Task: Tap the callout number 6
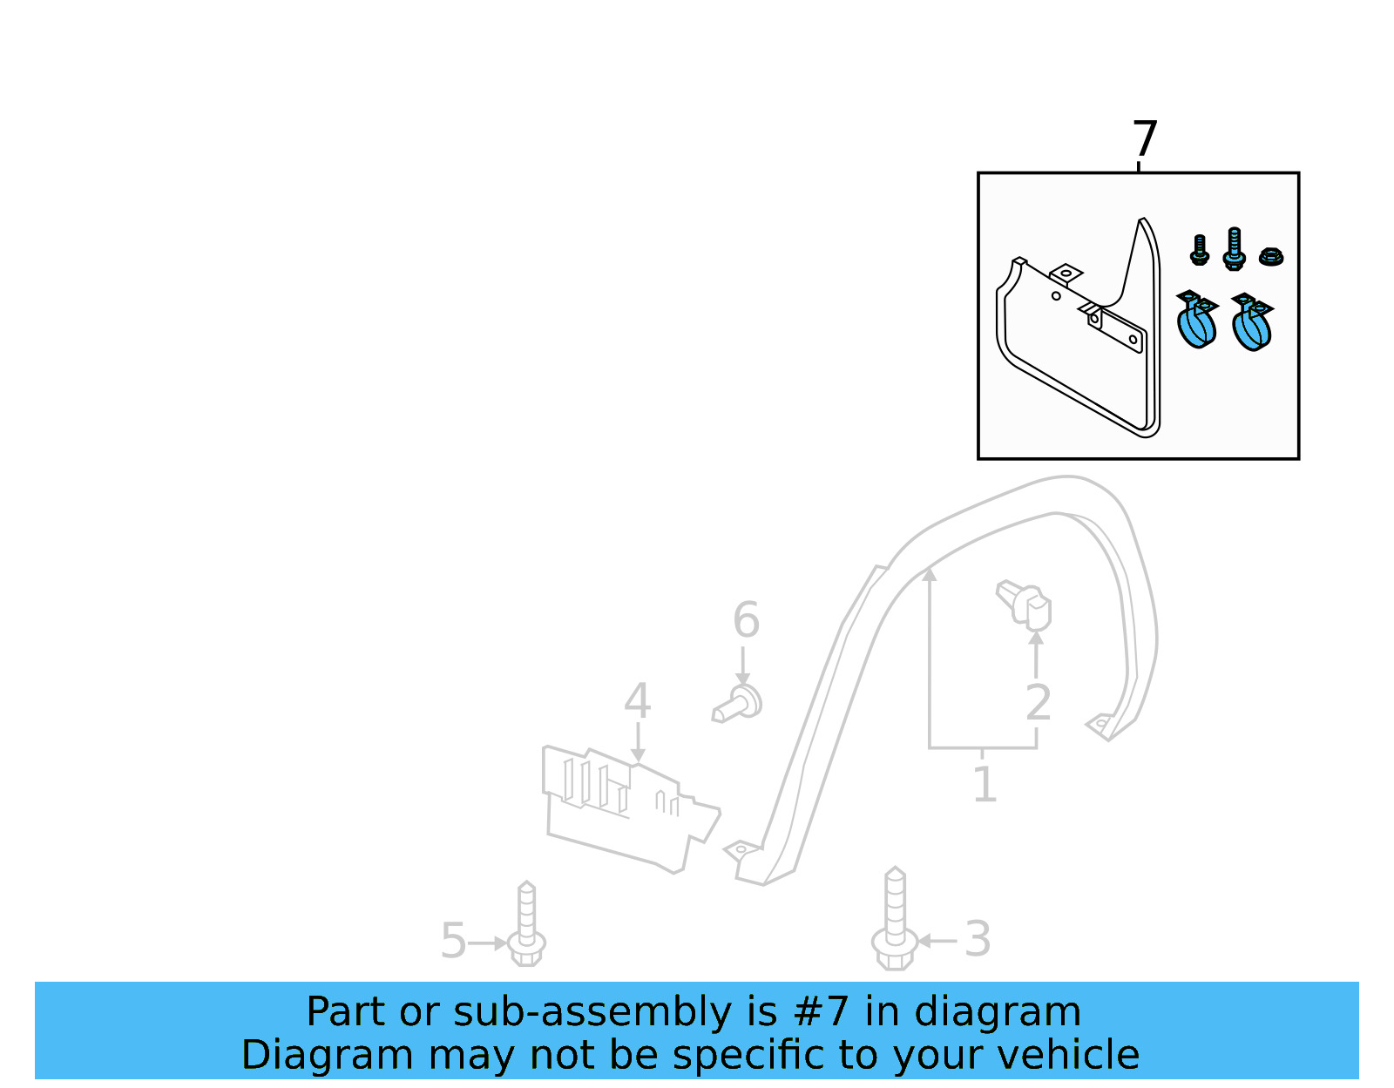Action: [x=746, y=620]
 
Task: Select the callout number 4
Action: [x=637, y=700]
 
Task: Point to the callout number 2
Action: [x=1038, y=703]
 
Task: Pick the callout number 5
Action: [x=453, y=941]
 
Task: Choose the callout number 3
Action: [x=977, y=939]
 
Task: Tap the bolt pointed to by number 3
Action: [x=894, y=919]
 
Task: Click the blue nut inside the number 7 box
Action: [x=1270, y=257]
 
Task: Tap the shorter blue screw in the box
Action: [x=1199, y=250]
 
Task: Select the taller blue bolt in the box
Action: [x=1234, y=249]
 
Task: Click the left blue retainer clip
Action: [x=1197, y=320]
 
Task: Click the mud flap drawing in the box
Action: [x=1078, y=328]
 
